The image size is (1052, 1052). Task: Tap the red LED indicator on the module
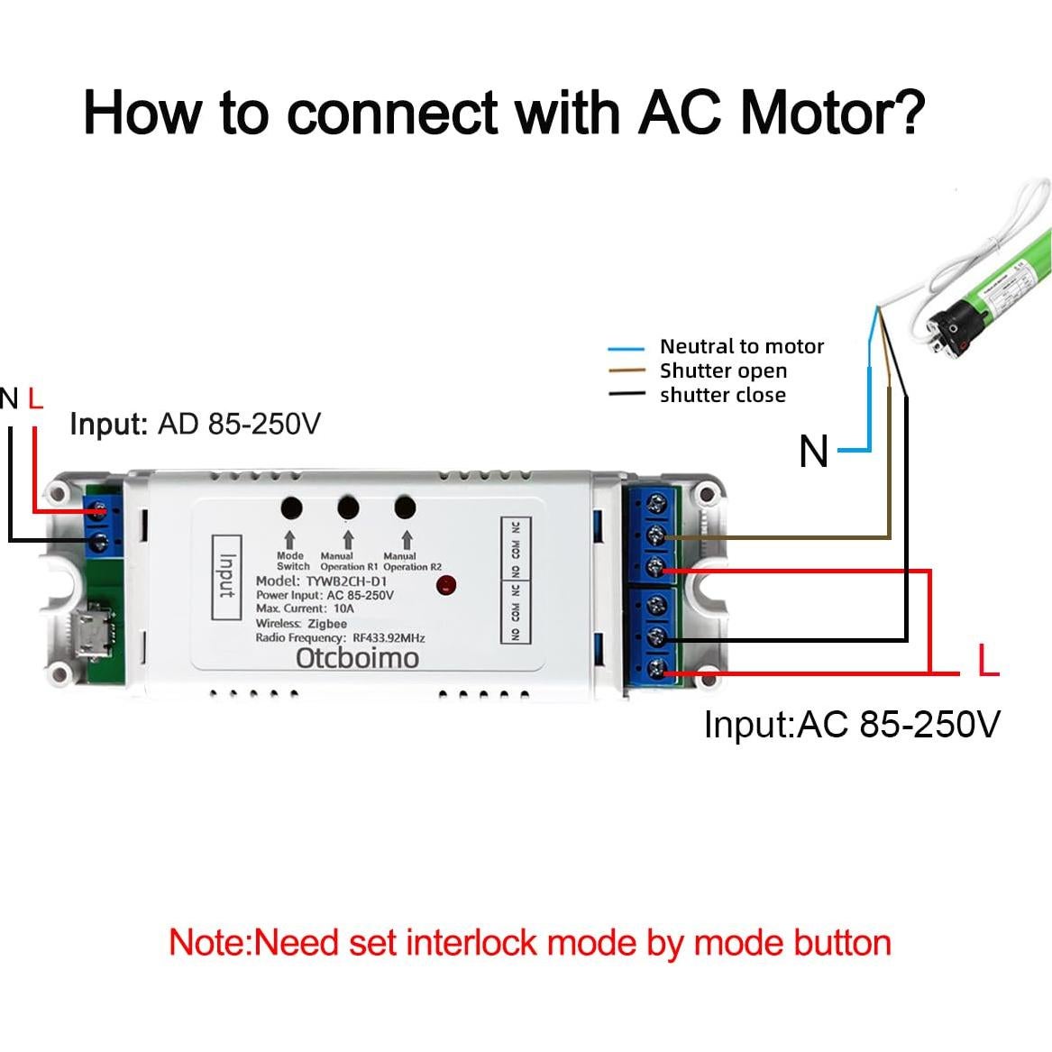(x=445, y=586)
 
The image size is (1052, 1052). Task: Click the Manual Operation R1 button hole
(x=348, y=508)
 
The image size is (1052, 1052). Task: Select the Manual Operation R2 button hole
(x=406, y=508)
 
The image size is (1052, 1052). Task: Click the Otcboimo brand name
(x=357, y=657)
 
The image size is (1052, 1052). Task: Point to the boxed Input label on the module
(x=226, y=576)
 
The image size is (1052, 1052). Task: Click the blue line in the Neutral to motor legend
(x=627, y=348)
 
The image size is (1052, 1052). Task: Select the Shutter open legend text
(x=723, y=370)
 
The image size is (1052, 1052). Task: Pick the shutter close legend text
(x=722, y=395)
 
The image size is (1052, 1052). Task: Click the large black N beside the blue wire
(x=813, y=451)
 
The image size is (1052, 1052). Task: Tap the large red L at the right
(x=988, y=662)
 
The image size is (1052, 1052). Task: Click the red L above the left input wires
(x=35, y=398)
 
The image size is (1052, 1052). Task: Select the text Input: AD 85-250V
(x=195, y=424)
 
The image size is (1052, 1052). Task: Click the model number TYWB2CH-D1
(x=346, y=581)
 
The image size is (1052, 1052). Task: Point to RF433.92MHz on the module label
(x=389, y=637)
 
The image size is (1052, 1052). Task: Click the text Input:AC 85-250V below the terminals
(x=851, y=724)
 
